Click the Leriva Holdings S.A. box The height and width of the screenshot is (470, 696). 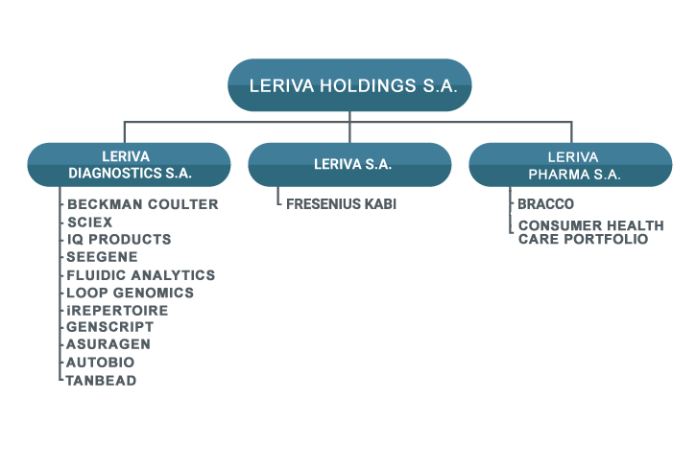point(349,85)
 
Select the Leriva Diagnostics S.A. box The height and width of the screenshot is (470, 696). point(130,165)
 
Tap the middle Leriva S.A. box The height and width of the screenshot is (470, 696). point(349,165)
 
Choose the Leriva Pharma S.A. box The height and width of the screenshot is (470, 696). point(571,165)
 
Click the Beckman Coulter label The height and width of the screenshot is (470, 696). point(143,204)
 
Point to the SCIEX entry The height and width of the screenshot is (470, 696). point(89,223)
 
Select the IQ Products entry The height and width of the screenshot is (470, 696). point(119,240)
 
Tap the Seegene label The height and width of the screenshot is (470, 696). point(102,257)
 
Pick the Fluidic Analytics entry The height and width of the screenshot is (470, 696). point(141,275)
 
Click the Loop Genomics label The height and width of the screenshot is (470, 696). point(130,294)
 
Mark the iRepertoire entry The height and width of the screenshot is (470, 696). point(117,311)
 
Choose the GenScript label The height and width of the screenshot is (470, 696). point(109,327)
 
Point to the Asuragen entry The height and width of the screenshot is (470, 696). point(108,344)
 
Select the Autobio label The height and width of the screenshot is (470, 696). point(100,363)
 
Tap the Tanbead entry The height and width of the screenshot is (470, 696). point(101,381)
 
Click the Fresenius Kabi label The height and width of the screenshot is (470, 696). point(342,204)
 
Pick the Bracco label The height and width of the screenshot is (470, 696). point(546,204)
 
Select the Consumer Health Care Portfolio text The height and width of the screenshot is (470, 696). point(591,232)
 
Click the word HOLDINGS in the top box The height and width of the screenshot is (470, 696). point(368,85)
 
